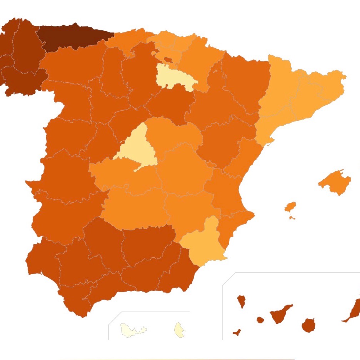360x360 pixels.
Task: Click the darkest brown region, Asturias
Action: pyautogui.click(x=73, y=37)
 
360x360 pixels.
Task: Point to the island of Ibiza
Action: pyautogui.click(x=290, y=207)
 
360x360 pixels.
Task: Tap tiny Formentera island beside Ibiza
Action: pyautogui.click(x=292, y=218)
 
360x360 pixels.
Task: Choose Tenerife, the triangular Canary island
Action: pyautogui.click(x=280, y=315)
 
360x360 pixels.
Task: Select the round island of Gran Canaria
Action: pyautogui.click(x=308, y=325)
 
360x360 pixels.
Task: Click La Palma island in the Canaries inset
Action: pyautogui.click(x=242, y=301)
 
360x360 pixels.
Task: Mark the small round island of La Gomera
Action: pyautogui.click(x=260, y=320)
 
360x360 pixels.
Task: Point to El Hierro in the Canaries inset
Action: pyautogui.click(x=237, y=332)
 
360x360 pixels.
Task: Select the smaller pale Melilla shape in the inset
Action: pyautogui.click(x=179, y=329)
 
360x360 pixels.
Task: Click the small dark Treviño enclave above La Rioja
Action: pyautogui.click(x=168, y=60)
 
